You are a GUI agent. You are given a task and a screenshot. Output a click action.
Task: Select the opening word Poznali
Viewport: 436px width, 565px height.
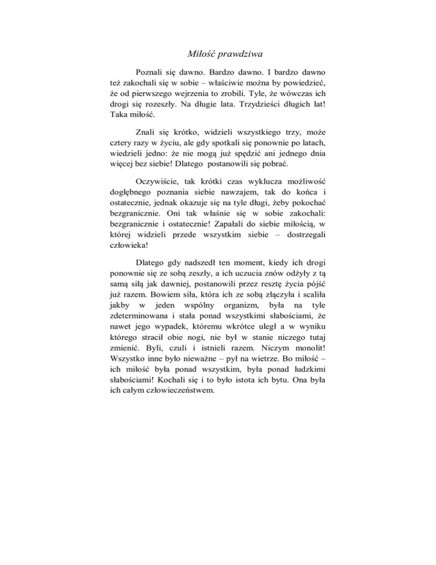pos(152,73)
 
